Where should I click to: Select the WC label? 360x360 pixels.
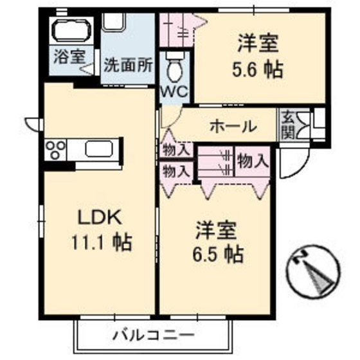[173, 91]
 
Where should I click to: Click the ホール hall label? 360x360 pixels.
[233, 127]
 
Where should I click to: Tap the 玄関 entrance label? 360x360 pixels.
[286, 126]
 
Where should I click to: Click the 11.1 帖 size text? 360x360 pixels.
[102, 242]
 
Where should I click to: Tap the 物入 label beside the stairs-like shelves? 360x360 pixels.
[251, 160]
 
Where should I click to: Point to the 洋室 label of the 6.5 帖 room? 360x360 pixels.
[217, 230]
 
